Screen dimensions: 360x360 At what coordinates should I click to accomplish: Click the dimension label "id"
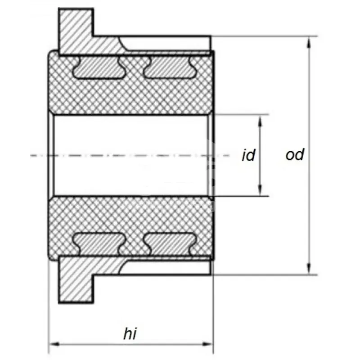[248, 155]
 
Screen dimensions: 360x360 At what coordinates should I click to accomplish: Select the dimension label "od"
[295, 154]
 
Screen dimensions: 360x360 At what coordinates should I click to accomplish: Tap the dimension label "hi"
[130, 333]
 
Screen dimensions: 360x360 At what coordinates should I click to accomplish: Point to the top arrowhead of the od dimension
[310, 41]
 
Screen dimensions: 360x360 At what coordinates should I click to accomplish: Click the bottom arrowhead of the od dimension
[310, 270]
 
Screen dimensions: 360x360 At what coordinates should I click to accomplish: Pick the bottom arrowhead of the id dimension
[260, 191]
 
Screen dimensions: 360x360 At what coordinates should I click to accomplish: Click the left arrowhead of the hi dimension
[54, 344]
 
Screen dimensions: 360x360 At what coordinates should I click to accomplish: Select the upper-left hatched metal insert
[99, 67]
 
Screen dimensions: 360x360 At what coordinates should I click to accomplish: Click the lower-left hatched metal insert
[99, 244]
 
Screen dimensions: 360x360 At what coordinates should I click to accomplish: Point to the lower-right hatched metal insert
[171, 244]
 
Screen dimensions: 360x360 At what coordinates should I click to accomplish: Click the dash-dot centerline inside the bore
[130, 155]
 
